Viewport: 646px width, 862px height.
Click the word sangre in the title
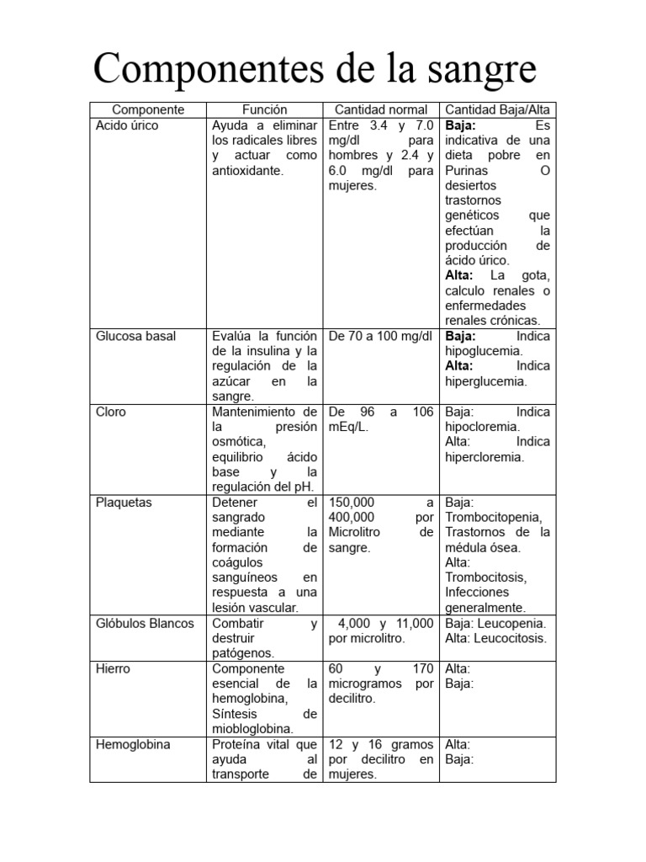[x=478, y=70]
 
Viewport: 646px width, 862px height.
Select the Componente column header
[x=148, y=109]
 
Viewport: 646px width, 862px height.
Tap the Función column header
[x=265, y=109]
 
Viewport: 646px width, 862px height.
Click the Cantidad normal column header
[x=381, y=109]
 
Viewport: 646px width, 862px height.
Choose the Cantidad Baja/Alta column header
[x=497, y=109]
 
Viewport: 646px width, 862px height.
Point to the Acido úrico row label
[x=127, y=125]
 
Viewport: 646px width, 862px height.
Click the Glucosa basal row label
[x=135, y=336]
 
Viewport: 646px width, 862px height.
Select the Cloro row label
[x=111, y=412]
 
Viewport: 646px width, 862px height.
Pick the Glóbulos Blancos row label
[x=145, y=623]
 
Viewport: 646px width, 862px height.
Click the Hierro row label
[x=114, y=668]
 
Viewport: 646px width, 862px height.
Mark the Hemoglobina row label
[x=133, y=744]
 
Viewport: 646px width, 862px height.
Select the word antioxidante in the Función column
[x=247, y=170]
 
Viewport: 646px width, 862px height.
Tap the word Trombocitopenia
[x=493, y=517]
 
